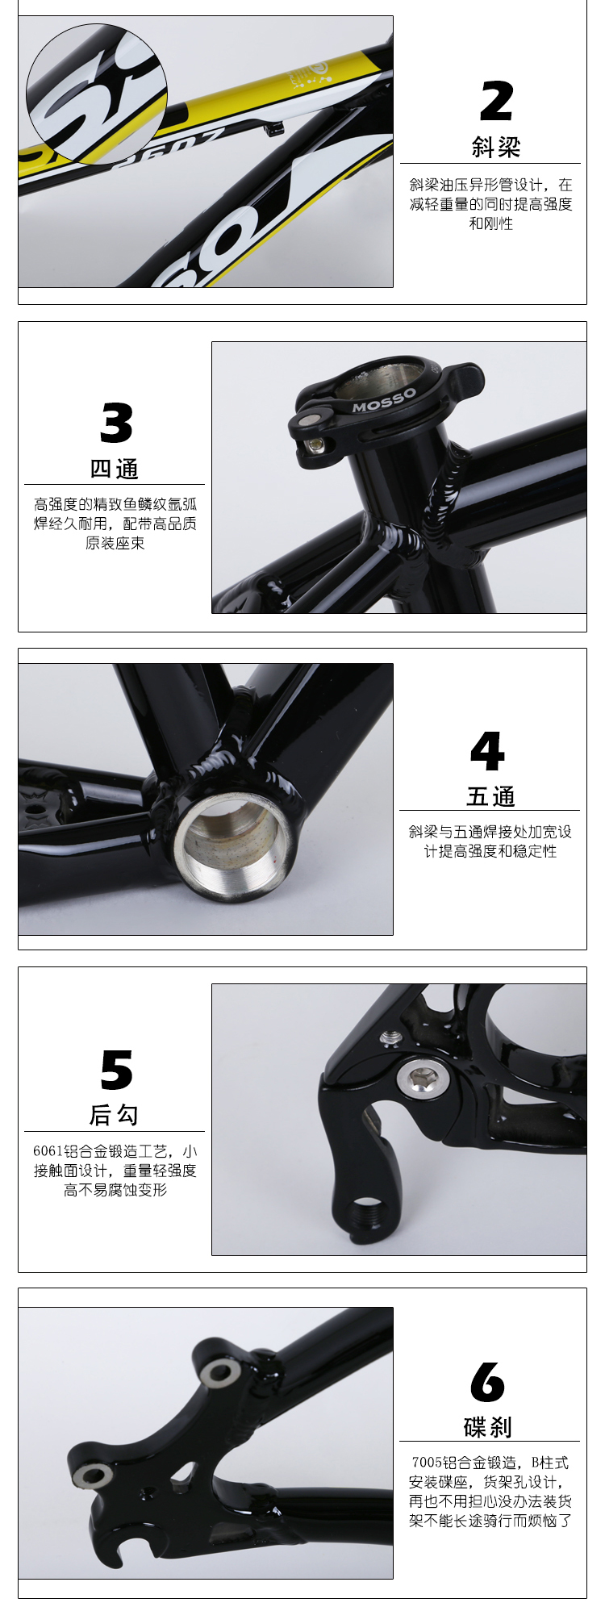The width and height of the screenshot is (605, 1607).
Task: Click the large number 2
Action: point(496,101)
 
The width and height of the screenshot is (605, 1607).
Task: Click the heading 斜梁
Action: point(496,147)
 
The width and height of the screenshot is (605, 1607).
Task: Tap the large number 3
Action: point(116,423)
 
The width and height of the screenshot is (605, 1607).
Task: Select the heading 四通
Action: point(115,469)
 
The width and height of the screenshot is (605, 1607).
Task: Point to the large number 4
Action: point(488,751)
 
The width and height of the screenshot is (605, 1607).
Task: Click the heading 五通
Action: point(490,796)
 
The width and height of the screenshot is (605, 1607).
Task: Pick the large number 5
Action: point(116,1071)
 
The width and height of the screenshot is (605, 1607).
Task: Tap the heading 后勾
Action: point(114,1115)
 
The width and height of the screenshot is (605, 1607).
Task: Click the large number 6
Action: point(488,1383)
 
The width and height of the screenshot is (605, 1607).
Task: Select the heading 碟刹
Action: point(488,1427)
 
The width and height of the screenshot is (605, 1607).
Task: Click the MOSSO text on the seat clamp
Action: point(384,400)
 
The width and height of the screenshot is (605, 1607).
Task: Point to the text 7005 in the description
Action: point(426,1462)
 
